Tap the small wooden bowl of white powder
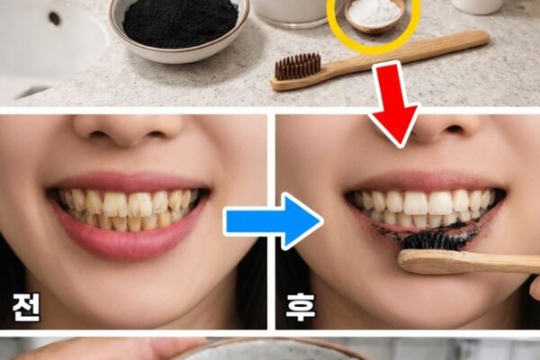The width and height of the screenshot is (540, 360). coord(374,15)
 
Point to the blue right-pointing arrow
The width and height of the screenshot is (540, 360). coord(274,220)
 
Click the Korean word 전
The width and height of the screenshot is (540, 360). coord(26,308)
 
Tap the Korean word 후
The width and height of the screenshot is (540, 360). coord(300,307)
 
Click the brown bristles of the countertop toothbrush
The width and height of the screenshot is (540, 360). coord(297,67)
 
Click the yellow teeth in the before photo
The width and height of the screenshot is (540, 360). coord(127,210)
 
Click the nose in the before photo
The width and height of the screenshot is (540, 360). coord(128,130)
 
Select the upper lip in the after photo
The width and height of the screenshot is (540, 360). coord(424,183)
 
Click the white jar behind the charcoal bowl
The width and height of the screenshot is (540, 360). coord(291,10)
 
